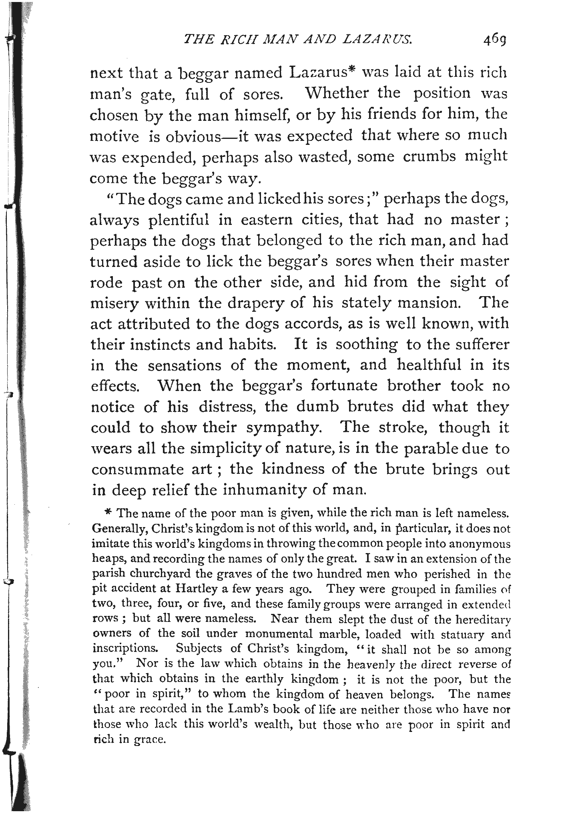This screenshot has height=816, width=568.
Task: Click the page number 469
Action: [x=495, y=40]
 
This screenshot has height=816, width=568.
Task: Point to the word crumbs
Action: [x=430, y=156]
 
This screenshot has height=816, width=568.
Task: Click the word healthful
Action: [x=434, y=365]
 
